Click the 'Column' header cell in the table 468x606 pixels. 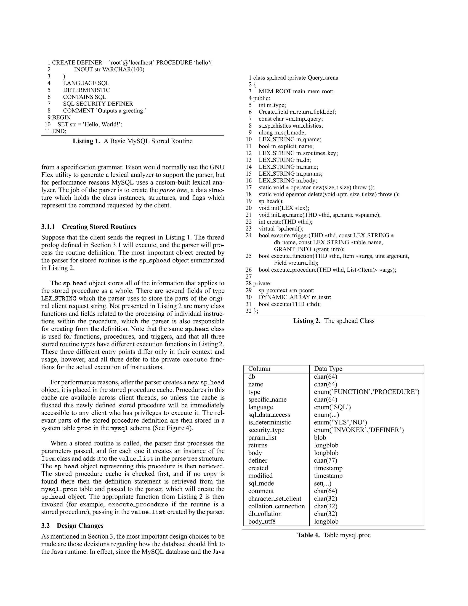259,369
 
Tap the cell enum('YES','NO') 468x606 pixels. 340,422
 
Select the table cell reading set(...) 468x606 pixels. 322,483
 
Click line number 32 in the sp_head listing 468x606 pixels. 248,311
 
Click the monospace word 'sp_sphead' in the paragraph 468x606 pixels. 154,260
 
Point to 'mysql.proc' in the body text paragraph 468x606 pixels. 59,489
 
